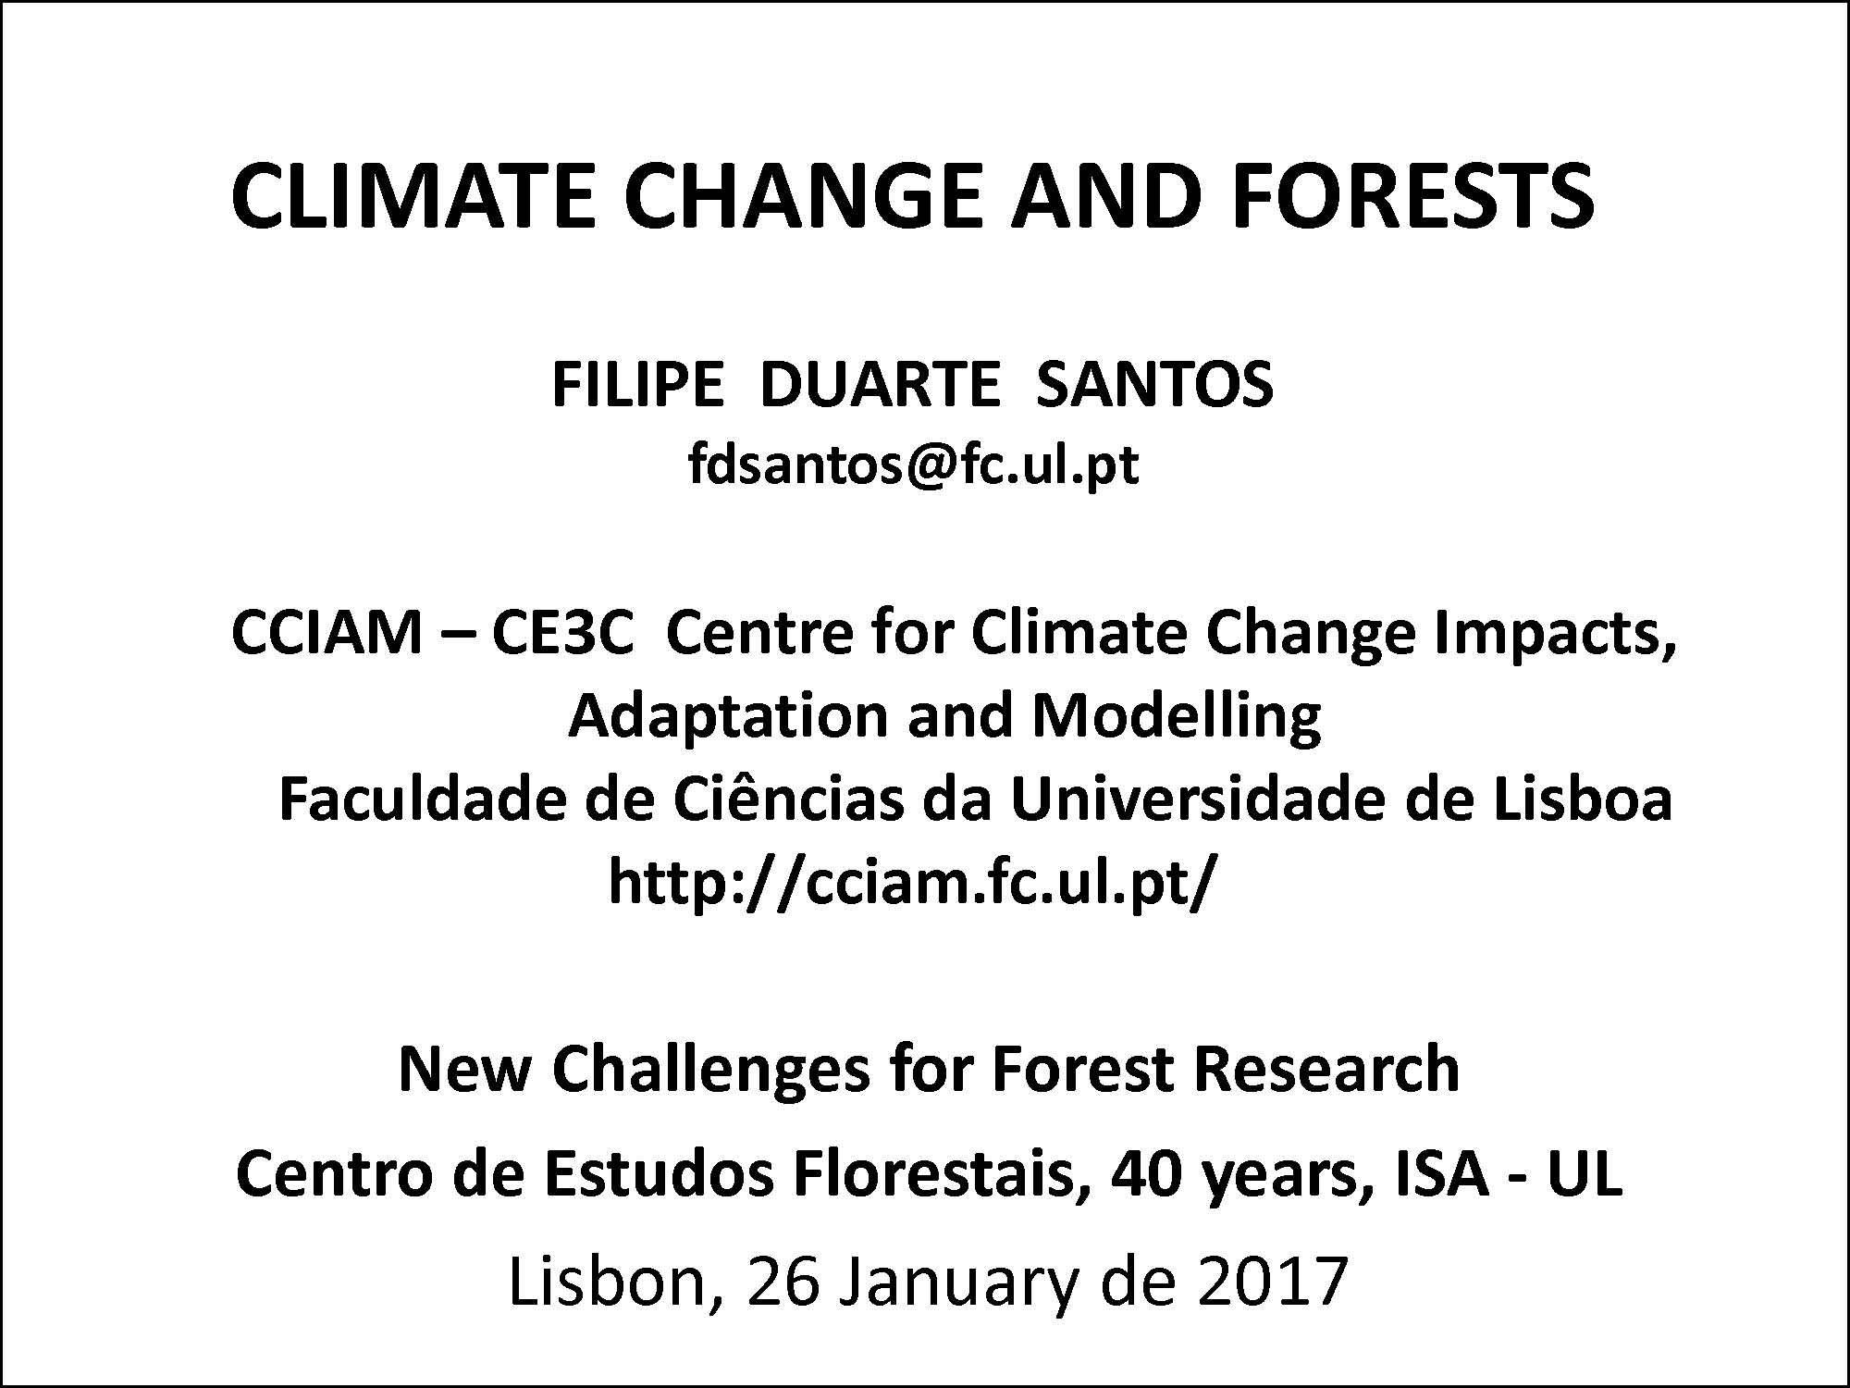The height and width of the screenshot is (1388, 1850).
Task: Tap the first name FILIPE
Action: (x=637, y=384)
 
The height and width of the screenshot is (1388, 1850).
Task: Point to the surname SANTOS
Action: (x=1154, y=384)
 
